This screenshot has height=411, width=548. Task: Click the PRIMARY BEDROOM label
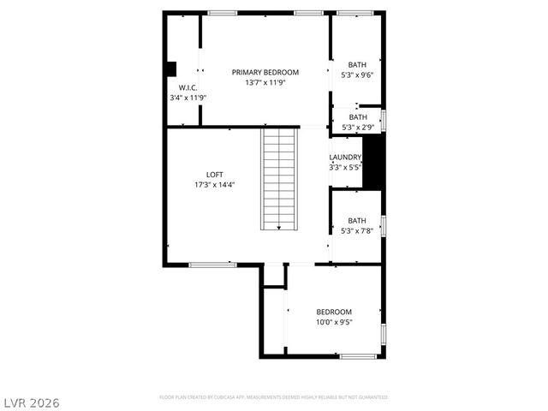tap(265, 72)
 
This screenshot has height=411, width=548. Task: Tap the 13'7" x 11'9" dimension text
tap(265, 82)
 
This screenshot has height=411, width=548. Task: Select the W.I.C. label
tap(188, 88)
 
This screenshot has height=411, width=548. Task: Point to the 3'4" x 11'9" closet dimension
tap(188, 98)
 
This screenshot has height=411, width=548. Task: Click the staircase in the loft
tap(280, 178)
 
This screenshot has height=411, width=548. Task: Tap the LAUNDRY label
tap(346, 157)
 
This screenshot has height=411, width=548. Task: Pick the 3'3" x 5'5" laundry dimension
tap(346, 167)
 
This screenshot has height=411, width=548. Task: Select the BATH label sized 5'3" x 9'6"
tap(357, 64)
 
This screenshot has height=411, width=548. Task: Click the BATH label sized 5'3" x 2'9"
tap(357, 117)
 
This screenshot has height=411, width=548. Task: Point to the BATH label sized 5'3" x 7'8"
tap(357, 220)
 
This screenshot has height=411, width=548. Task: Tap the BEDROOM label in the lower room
tap(334, 312)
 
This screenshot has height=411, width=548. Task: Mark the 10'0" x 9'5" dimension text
tap(334, 323)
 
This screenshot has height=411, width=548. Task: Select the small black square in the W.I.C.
tap(171, 68)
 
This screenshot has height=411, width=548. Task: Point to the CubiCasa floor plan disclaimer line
tap(273, 397)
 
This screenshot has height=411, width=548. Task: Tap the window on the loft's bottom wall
tap(212, 265)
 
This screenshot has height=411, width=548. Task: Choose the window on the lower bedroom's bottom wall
tap(358, 355)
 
